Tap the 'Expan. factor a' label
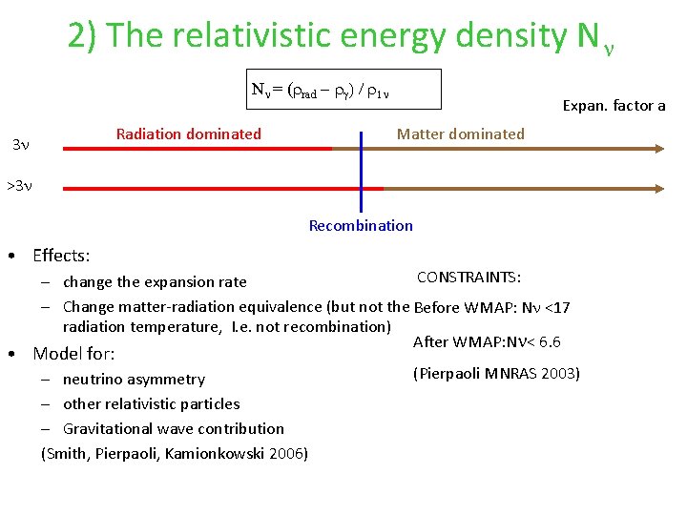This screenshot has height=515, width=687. click(x=614, y=106)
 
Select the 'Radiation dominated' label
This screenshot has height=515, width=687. click(x=188, y=134)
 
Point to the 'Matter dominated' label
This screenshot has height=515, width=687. click(x=460, y=134)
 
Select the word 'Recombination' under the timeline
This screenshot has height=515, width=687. click(x=361, y=226)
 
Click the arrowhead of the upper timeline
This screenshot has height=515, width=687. click(x=658, y=149)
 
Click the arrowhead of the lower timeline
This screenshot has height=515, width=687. click(x=658, y=189)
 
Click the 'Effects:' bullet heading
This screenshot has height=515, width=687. click(x=61, y=256)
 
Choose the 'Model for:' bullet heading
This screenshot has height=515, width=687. click(x=73, y=354)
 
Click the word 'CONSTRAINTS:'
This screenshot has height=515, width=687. click(x=468, y=278)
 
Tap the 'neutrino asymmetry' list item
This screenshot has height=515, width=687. click(x=134, y=380)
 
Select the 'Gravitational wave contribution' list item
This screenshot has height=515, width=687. click(x=173, y=429)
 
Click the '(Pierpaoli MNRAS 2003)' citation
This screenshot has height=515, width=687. click(x=495, y=374)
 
